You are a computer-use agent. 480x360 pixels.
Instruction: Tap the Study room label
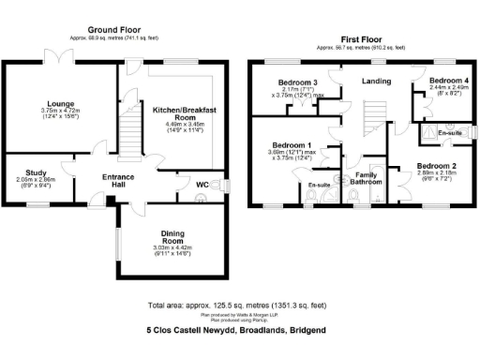[x=37, y=172]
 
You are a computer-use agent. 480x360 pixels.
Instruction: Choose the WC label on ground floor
[x=202, y=184]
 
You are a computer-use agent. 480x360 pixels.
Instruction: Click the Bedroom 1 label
[x=291, y=144]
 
